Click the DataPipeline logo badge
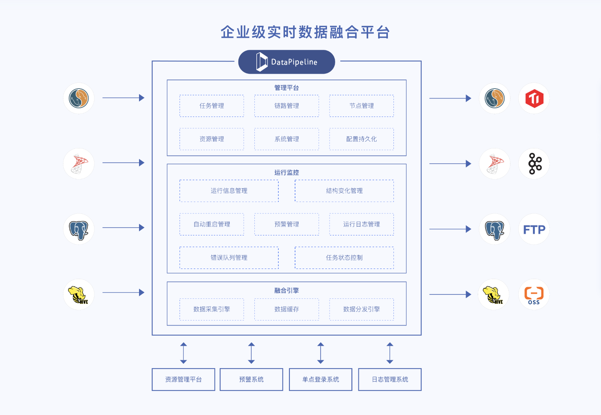[x=286, y=62]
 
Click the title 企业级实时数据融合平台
[x=305, y=32]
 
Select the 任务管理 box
[x=211, y=106]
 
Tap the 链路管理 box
[x=286, y=106]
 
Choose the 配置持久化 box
[x=361, y=139]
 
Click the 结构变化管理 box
[x=344, y=191]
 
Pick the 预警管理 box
[x=286, y=224]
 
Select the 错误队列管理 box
[x=229, y=258]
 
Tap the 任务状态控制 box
[x=344, y=258]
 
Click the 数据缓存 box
[x=286, y=309]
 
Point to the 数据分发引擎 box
[x=361, y=309]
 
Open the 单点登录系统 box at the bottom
[x=320, y=380]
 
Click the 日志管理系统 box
[x=390, y=380]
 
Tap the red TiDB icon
[x=534, y=98]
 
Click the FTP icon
[x=534, y=229]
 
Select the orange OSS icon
[x=534, y=295]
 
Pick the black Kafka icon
[x=534, y=164]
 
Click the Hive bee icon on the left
[x=79, y=295]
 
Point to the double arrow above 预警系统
[x=251, y=353]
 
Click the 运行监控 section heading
[x=286, y=172]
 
